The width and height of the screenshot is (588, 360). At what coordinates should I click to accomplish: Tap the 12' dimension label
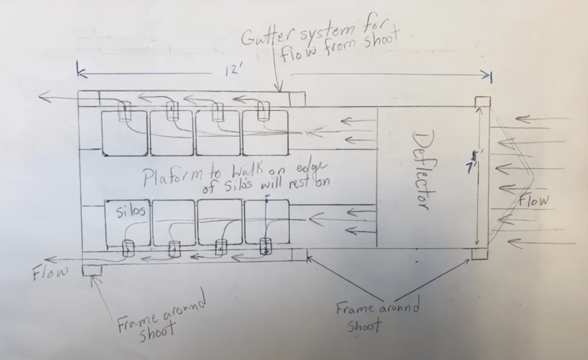233,71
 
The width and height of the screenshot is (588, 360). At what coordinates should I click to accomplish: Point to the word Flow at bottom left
50,271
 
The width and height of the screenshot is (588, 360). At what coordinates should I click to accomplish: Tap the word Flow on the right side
534,201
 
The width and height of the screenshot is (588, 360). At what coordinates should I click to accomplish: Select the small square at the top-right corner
482,103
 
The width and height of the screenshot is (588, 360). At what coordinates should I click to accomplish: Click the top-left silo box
124,133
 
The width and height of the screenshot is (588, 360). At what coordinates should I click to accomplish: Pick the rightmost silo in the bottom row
266,221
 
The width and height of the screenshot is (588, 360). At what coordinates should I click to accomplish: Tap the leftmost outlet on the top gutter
125,112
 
